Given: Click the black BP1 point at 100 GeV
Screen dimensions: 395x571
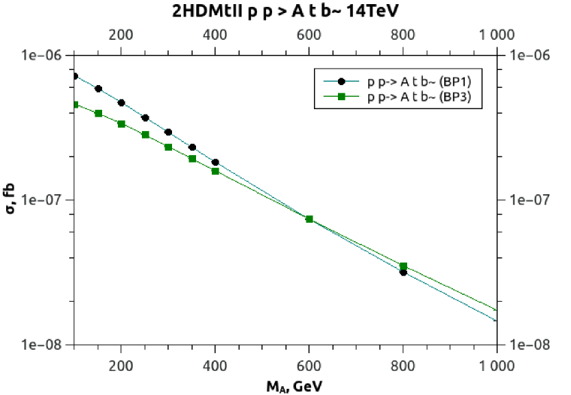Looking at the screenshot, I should pyautogui.click(x=75, y=76).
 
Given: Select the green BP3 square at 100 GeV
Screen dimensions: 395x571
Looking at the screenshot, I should pyautogui.click(x=75, y=105).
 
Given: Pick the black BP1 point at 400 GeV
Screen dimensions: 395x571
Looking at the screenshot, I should pyautogui.click(x=215, y=163).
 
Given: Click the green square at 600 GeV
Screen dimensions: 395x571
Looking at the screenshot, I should pyautogui.click(x=309, y=219).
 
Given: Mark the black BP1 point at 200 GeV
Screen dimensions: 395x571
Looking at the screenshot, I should pyautogui.click(x=121, y=103).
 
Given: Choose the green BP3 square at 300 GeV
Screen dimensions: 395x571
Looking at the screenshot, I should pyautogui.click(x=168, y=147).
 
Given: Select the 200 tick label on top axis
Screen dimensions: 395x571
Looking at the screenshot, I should pyautogui.click(x=121, y=34).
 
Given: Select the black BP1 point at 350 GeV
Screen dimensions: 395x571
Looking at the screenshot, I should pyautogui.click(x=192, y=147).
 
